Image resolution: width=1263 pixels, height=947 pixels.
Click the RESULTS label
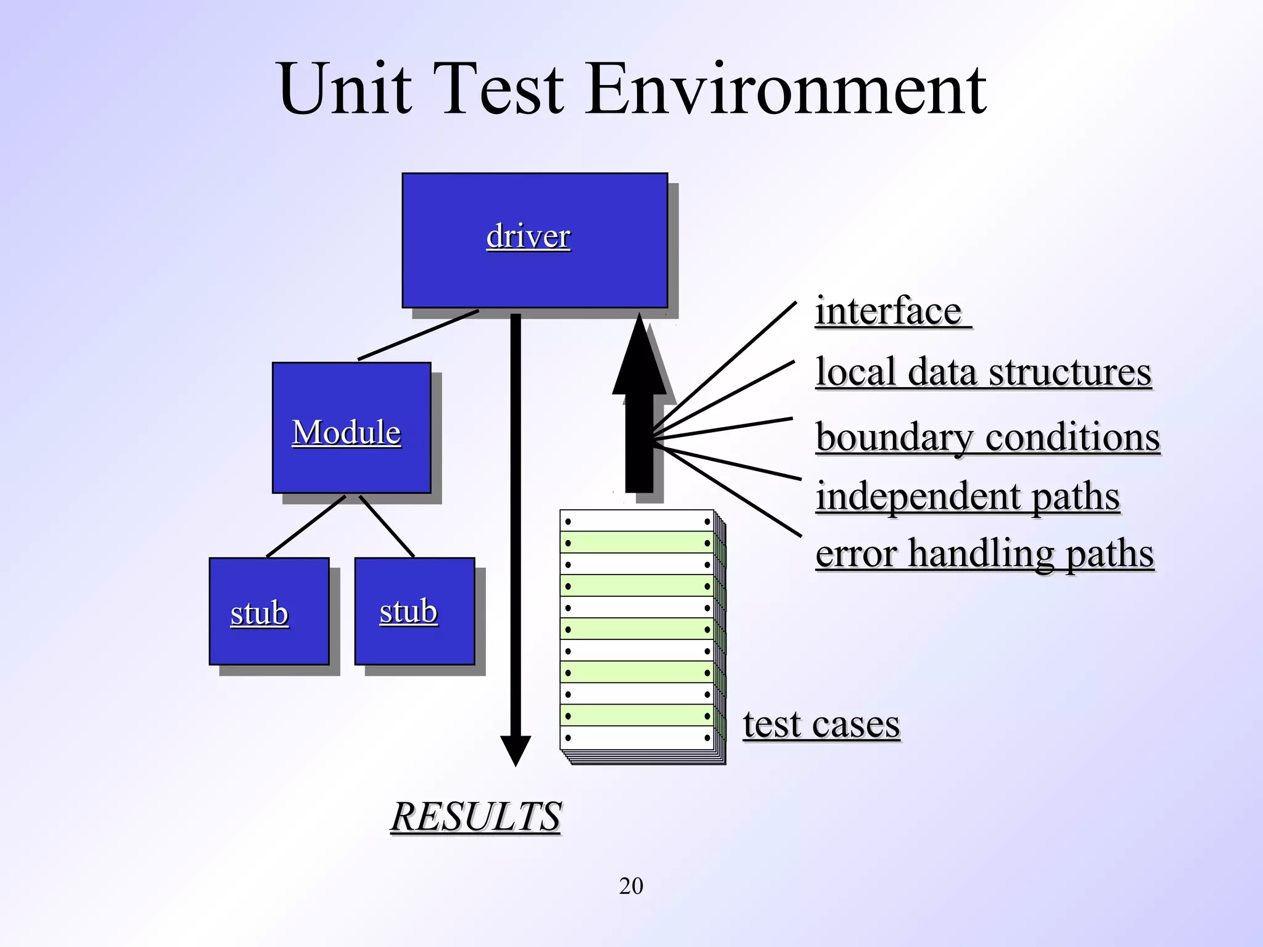point(475,816)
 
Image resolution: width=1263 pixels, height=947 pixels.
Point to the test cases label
point(821,724)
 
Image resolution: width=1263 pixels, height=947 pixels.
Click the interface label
point(889,311)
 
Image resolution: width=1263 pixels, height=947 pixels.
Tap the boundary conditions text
point(987,437)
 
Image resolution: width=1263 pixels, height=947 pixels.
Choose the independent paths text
point(968,496)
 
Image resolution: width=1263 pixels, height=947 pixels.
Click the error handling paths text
point(984,553)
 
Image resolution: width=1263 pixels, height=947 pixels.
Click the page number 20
point(631,886)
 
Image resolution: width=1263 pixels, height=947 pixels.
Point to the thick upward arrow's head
point(640,358)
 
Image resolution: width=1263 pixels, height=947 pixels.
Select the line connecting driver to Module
point(418,335)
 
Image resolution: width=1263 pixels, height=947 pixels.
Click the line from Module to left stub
point(306,526)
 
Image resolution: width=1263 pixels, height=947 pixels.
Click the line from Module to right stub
point(387,526)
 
